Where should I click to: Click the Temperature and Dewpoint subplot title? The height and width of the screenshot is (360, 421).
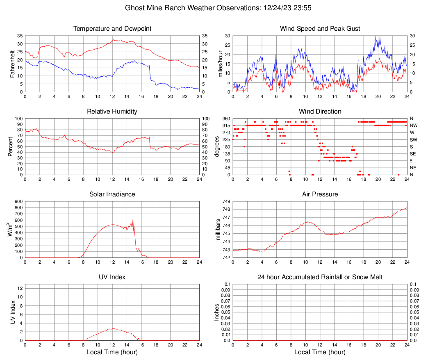coord(112,29)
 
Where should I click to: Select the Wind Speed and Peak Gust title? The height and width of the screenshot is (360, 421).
coord(320,29)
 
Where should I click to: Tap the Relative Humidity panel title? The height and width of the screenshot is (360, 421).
coord(112,112)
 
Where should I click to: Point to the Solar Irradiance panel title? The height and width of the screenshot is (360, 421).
coord(112,194)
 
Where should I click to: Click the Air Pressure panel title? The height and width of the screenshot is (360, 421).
coord(320,194)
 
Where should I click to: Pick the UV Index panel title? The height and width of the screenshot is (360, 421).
coord(112,277)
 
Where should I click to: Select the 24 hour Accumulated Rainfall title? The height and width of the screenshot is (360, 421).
coord(320,277)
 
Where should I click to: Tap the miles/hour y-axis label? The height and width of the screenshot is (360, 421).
coord(220,64)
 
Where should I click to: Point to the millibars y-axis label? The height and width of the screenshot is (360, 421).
coord(218,230)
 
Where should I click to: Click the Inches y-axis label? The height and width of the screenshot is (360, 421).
coord(217,312)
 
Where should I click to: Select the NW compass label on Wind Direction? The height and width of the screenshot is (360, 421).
coord(413,125)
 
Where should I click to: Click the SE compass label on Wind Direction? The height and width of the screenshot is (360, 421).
coord(413,154)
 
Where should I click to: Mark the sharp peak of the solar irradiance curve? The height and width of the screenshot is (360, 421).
coord(133,219)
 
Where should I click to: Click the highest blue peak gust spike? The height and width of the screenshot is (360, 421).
coord(375,36)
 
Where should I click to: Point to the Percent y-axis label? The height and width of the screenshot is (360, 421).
coord(10,147)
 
